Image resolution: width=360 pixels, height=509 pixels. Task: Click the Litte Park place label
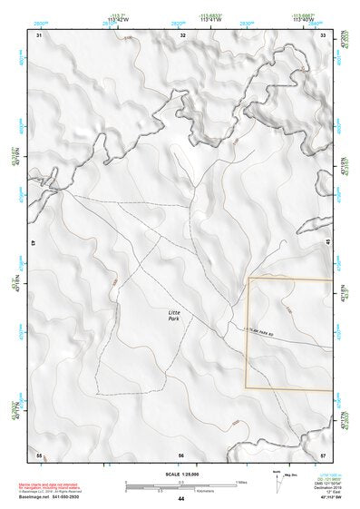pos(175,316)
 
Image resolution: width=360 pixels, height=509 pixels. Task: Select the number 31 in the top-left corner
pos(39,34)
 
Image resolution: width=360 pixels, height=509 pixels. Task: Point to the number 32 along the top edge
pos(183,34)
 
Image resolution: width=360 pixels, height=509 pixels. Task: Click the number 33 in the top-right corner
pos(324,34)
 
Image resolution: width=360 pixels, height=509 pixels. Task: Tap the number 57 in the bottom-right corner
pos(324,454)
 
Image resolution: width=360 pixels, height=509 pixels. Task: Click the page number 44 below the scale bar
pos(181,499)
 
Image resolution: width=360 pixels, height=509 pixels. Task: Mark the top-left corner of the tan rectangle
pos(248,278)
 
